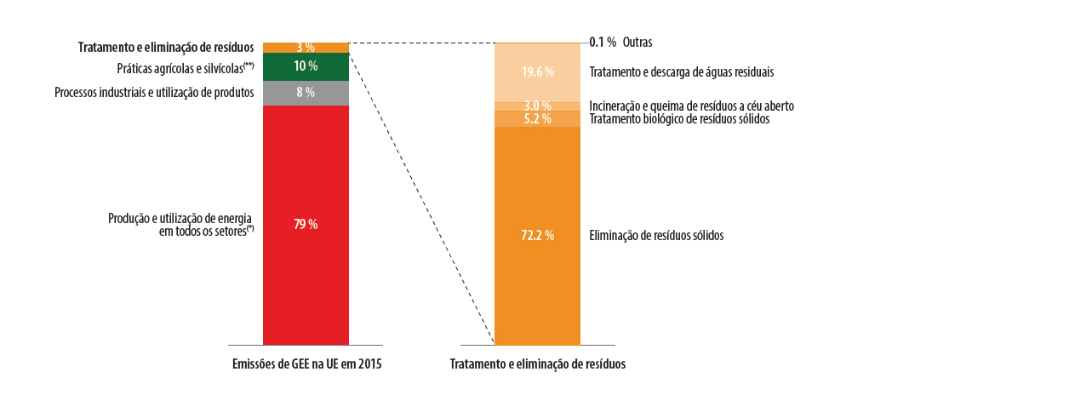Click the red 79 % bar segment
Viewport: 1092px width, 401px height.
click(x=306, y=255)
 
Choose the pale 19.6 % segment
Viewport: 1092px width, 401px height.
click(x=537, y=72)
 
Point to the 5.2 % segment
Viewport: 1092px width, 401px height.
click(x=537, y=119)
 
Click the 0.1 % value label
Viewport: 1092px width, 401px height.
click(x=603, y=42)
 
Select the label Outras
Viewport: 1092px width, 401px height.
click(x=637, y=42)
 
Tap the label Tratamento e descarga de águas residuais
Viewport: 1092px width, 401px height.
click(x=681, y=72)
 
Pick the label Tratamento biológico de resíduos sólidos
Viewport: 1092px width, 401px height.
click(x=679, y=119)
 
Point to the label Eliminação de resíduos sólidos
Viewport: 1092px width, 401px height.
click(x=656, y=235)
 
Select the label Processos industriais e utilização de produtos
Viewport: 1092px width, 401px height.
click(x=154, y=92)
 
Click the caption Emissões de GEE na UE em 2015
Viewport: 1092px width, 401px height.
click(x=306, y=364)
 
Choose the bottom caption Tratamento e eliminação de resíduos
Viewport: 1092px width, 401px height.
click(x=537, y=364)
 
